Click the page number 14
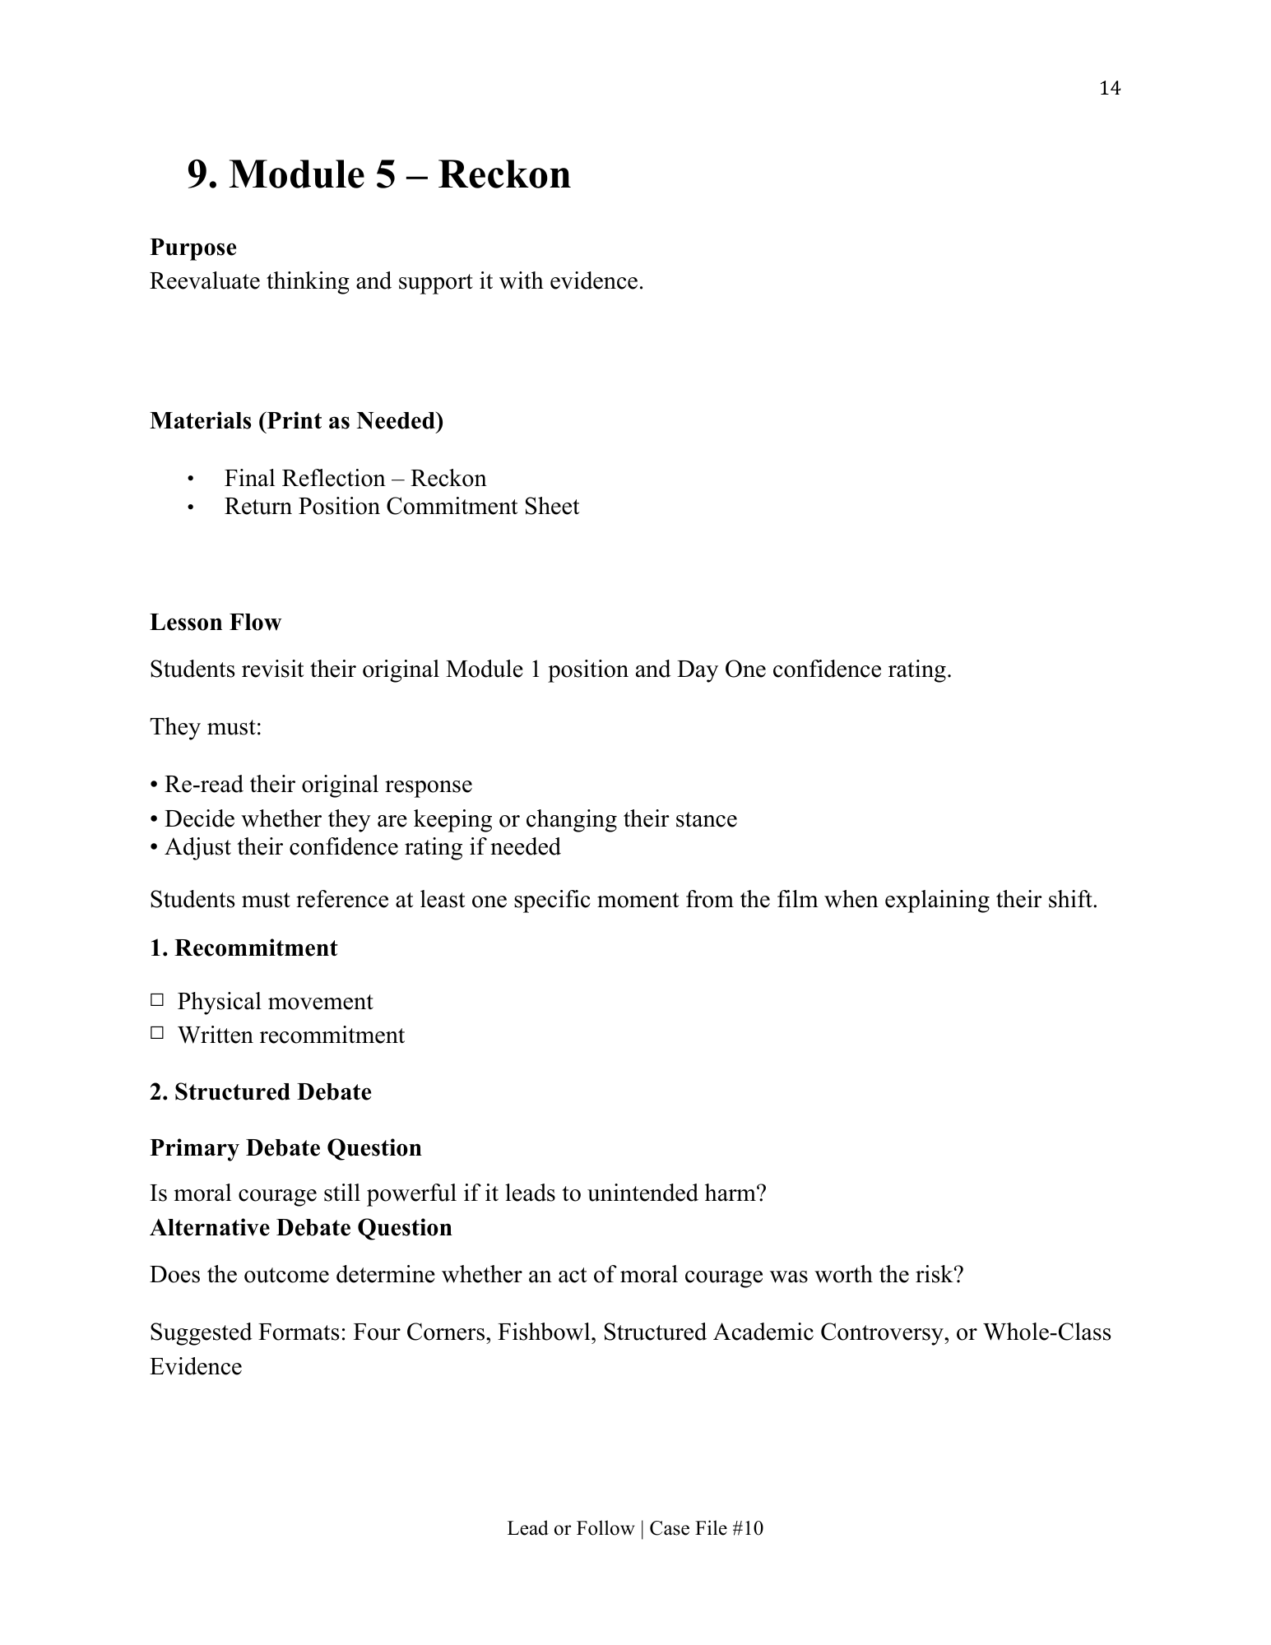(1109, 88)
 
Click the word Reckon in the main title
(503, 174)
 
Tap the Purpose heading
(193, 248)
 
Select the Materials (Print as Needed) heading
(296, 421)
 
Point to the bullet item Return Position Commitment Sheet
(401, 507)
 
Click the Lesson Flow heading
(215, 623)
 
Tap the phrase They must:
(206, 727)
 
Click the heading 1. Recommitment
(244, 948)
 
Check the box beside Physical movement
(157, 1001)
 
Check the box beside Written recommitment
(157, 1034)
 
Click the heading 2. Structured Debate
(260, 1092)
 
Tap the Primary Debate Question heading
(285, 1148)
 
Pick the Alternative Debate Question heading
(301, 1228)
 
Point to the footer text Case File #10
(706, 1528)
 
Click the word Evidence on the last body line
(196, 1367)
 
